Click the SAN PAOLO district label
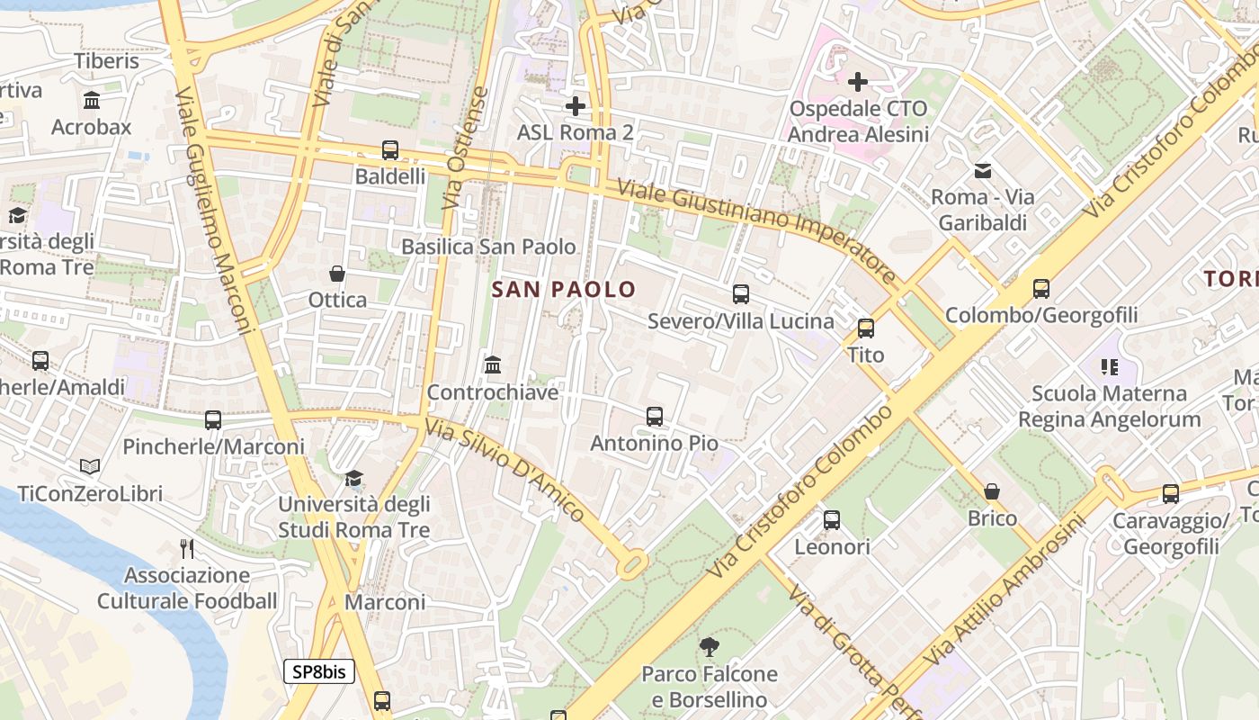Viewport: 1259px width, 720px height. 564,290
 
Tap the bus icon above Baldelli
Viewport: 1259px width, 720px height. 389,150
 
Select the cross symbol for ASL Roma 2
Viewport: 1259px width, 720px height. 575,106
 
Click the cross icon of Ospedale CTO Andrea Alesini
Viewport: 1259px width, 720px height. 858,82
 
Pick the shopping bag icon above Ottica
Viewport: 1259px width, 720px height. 337,274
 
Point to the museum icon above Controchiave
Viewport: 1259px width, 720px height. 492,365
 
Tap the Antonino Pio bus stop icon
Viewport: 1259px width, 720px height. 654,417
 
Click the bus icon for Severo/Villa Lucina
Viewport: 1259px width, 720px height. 740,294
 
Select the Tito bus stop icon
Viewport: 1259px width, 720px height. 865,328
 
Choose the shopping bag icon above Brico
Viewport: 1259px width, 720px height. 991,491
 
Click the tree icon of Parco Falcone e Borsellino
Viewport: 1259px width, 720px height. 709,646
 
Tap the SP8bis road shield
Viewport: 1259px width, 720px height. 319,671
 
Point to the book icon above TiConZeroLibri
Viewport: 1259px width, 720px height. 89,466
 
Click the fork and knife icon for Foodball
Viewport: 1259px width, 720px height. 187,548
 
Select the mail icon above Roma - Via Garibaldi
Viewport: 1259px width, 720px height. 982,170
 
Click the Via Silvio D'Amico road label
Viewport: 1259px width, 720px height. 505,471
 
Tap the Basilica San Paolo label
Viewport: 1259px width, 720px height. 488,247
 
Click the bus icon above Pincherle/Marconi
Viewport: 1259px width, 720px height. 212,420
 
